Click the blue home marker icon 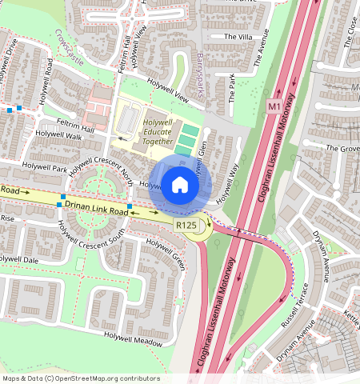tap(180, 185)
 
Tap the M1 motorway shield tap(274, 106)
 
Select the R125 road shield tap(186, 226)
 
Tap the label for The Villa tap(237, 37)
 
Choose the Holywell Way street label tap(228, 180)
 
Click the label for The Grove tap(342, 148)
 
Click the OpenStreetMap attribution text tap(80, 378)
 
